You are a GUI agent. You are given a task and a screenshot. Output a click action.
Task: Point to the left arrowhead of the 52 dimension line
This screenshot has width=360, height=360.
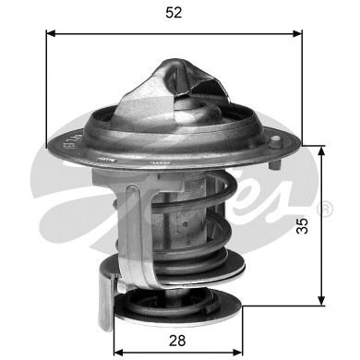pyautogui.click(x=50, y=33)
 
